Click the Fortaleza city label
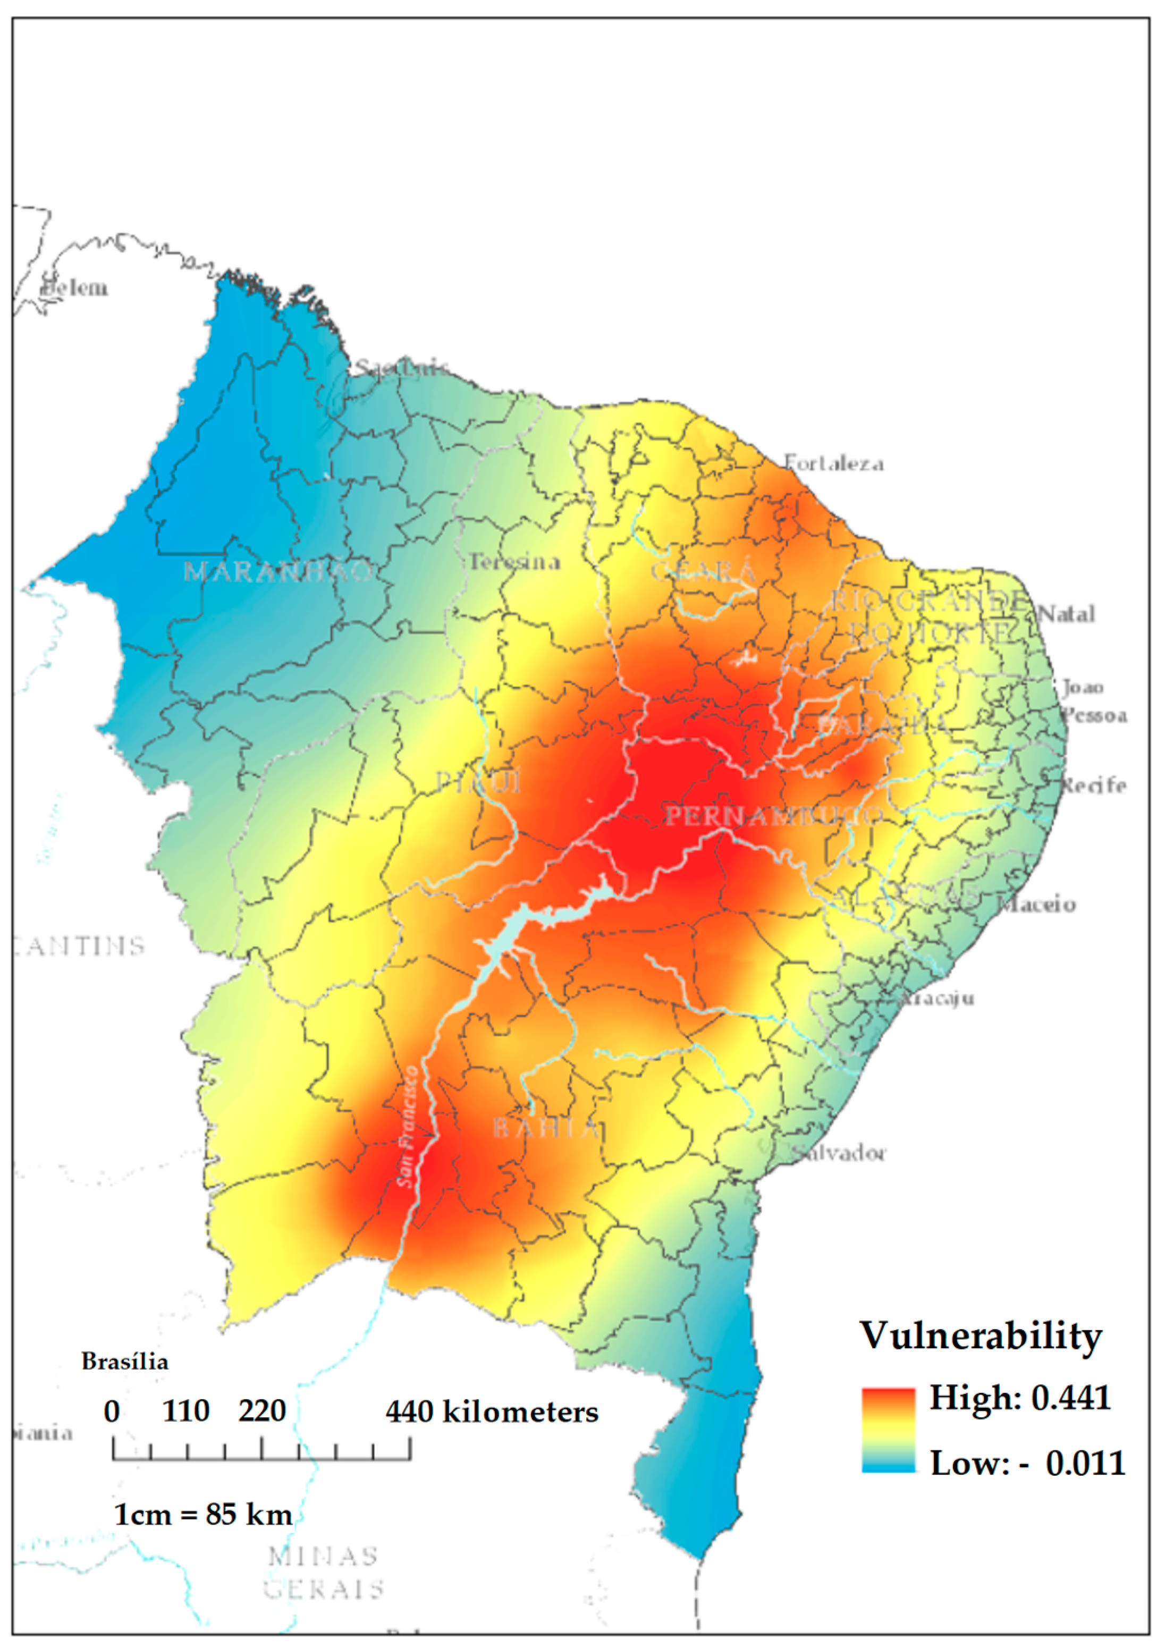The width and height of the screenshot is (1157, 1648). click(x=833, y=463)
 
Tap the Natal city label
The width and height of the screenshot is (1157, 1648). click(x=1066, y=614)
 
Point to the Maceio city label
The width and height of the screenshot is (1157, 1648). click(x=1037, y=905)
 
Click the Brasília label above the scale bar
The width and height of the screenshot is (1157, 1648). click(x=125, y=1362)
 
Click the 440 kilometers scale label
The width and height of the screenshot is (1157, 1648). click(x=492, y=1412)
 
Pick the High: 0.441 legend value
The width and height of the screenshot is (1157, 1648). click(x=1020, y=1397)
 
